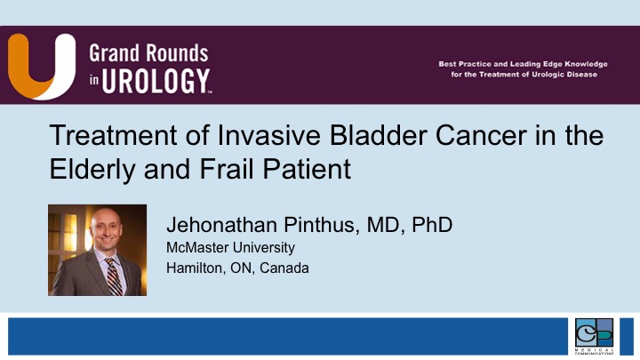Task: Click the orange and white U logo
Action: pos(42,66)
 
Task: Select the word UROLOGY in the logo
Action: pos(156,81)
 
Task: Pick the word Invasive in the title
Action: pos(268,135)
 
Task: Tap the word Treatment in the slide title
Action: pos(114,135)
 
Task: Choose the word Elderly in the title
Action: pos(92,169)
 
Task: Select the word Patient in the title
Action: pos(307,169)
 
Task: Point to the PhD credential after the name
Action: pos(432,225)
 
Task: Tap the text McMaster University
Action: pos(230,247)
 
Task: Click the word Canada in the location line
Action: pos(284,268)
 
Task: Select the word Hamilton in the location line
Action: pos(196,268)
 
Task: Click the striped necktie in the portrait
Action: pos(114,276)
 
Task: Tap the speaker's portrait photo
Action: pos(97,250)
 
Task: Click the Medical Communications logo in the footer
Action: pos(594,336)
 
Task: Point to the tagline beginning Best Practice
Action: pos(524,69)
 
